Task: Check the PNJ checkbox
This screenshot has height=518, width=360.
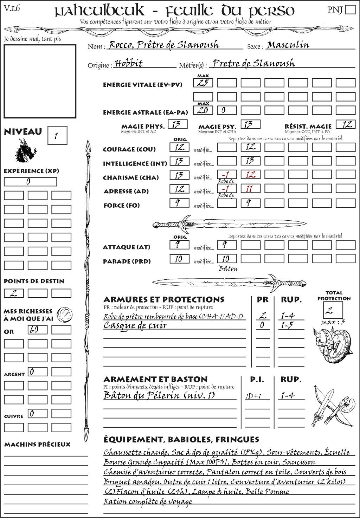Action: click(350, 9)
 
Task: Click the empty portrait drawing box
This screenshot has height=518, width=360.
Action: click(40, 81)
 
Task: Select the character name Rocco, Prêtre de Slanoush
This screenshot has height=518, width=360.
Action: click(164, 45)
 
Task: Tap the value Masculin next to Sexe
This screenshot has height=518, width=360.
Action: click(288, 45)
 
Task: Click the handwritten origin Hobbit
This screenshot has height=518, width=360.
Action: click(129, 64)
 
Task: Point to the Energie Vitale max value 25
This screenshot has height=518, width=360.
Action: click(203, 83)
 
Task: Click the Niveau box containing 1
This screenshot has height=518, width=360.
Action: click(57, 136)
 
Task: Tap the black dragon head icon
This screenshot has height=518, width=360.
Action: click(26, 151)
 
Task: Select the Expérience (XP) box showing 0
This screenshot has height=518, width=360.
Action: click(30, 182)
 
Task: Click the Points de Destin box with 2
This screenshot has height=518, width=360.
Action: click(14, 293)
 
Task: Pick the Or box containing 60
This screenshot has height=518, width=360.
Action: click(38, 330)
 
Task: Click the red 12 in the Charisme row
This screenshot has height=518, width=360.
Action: click(251, 175)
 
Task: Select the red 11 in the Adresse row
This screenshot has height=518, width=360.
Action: click(249, 189)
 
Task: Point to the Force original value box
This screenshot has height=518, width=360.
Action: click(179, 203)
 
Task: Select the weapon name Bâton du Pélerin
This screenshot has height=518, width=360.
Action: click(159, 395)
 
